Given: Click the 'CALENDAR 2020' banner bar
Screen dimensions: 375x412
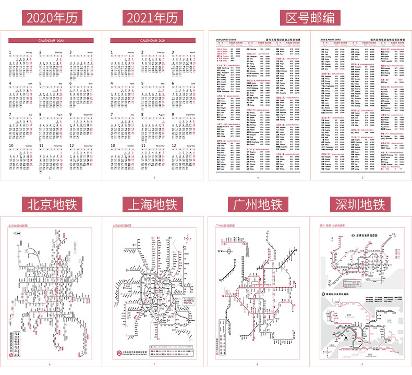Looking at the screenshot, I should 52,40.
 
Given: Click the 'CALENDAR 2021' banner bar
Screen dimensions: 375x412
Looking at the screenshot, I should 153,40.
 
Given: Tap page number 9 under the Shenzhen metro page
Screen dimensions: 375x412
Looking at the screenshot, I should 362,364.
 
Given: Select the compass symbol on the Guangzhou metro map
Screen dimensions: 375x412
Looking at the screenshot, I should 230,251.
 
